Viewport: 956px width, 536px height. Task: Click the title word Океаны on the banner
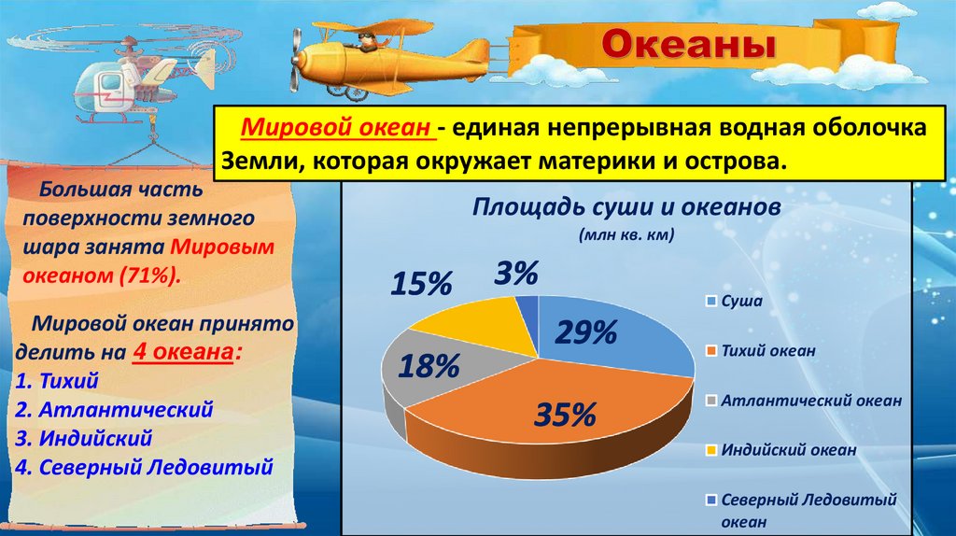[x=689, y=45]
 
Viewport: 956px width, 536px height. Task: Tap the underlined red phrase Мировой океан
[x=336, y=127]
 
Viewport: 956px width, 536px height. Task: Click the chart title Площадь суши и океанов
[x=626, y=206]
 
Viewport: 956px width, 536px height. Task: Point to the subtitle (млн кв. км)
[x=626, y=234]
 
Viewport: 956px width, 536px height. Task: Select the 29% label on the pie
[x=586, y=333]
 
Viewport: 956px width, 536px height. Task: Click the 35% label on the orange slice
[x=565, y=415]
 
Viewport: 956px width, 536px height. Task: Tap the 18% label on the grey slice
[x=429, y=366]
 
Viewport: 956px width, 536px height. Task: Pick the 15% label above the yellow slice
[x=421, y=284]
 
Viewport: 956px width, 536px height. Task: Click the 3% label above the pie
[x=515, y=273]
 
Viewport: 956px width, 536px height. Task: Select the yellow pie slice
[x=482, y=326]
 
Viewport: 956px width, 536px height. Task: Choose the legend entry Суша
[x=734, y=302]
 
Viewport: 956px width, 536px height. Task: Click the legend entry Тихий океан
[x=761, y=351]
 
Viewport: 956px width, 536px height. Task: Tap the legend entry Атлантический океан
[x=804, y=401]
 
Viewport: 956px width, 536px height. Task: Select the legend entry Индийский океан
[x=781, y=450]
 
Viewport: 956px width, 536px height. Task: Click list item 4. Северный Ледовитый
[x=144, y=467]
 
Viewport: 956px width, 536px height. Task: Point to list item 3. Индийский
[x=83, y=439]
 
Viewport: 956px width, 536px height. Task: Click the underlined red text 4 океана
[x=183, y=352]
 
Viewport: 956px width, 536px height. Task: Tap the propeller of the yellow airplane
[x=297, y=60]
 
